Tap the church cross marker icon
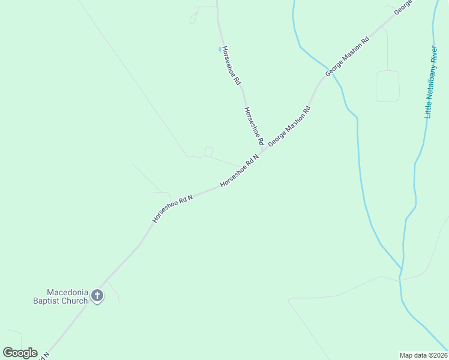click(97, 295)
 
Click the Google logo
click(20, 353)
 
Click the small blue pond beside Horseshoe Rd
click(220, 49)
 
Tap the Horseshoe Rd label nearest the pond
click(231, 64)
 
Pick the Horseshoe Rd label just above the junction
click(254, 126)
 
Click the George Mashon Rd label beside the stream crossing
click(346, 58)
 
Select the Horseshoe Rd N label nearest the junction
click(239, 170)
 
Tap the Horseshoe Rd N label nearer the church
click(173, 208)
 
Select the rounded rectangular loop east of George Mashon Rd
click(387, 86)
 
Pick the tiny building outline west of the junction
click(209, 151)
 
